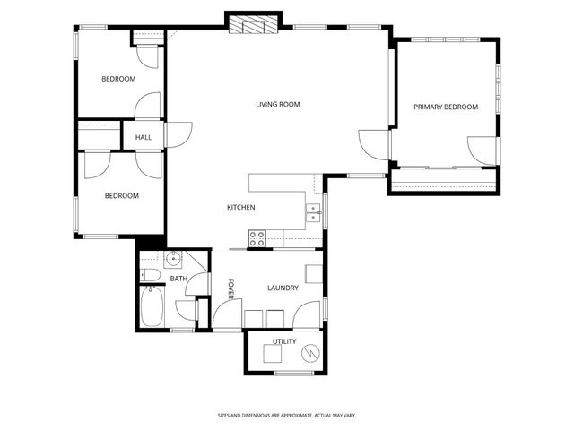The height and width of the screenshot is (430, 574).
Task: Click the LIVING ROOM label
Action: coord(277,105)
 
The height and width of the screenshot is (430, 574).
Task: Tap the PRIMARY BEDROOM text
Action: coord(445,107)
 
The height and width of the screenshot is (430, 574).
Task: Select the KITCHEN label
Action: coord(240,208)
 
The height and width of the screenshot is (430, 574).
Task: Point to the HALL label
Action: coord(143,137)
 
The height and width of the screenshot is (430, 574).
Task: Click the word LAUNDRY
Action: coord(283,288)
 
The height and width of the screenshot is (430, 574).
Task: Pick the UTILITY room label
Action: coord(284,341)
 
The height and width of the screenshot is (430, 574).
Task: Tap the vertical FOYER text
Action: coord(230,288)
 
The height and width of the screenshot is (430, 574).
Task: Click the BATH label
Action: coord(178,279)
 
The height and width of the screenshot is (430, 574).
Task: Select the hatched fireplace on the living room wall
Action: coord(254,25)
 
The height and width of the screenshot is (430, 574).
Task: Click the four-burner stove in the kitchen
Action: coord(257,238)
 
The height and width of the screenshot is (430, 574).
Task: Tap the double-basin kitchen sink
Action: coord(313,212)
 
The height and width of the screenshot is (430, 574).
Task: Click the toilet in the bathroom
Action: coord(151,275)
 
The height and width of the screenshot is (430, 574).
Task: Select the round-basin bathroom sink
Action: coord(174,261)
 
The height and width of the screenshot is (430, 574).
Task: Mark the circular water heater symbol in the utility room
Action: coord(311,352)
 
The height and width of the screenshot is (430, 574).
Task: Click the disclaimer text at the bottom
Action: coord(287,415)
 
